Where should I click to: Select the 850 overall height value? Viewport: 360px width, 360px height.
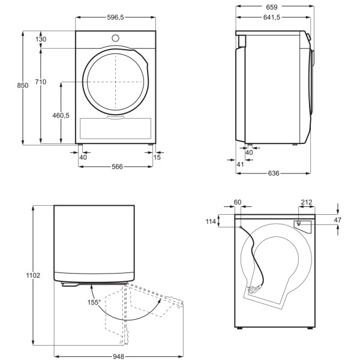point(22,86)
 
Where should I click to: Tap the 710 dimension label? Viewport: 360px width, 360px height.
point(41,82)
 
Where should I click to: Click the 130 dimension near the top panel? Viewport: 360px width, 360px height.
point(41,39)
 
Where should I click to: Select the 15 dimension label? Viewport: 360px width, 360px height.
point(157,157)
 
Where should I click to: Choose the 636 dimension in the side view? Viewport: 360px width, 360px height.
point(273,174)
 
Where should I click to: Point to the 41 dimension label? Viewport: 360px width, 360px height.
point(240,164)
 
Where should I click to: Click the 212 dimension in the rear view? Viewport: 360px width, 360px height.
point(306,202)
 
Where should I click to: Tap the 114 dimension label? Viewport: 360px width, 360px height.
point(210,222)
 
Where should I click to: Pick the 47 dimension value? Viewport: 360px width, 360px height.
point(337,220)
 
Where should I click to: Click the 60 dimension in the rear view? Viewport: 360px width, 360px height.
point(237,202)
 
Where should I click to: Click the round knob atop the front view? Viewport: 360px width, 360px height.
point(116,38)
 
